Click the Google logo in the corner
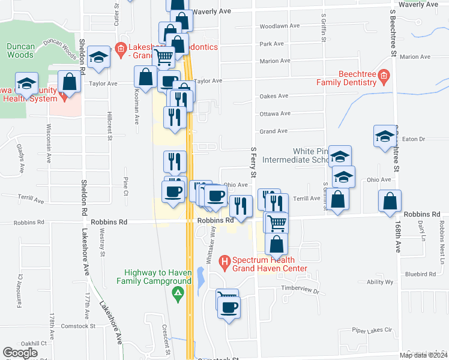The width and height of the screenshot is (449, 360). click(20, 353)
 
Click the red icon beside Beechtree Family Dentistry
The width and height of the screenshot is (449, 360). click(384, 76)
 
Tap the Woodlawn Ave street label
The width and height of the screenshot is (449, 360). click(279, 26)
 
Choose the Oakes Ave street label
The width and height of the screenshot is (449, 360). click(274, 95)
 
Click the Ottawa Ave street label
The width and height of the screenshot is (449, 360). click(274, 113)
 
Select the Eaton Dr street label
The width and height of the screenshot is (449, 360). click(413, 139)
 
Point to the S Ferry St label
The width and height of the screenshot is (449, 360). click(253, 162)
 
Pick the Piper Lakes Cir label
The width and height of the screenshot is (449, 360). click(372, 330)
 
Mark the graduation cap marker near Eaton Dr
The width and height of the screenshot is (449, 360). click(385, 136)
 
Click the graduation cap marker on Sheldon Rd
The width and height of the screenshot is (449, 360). click(98, 57)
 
